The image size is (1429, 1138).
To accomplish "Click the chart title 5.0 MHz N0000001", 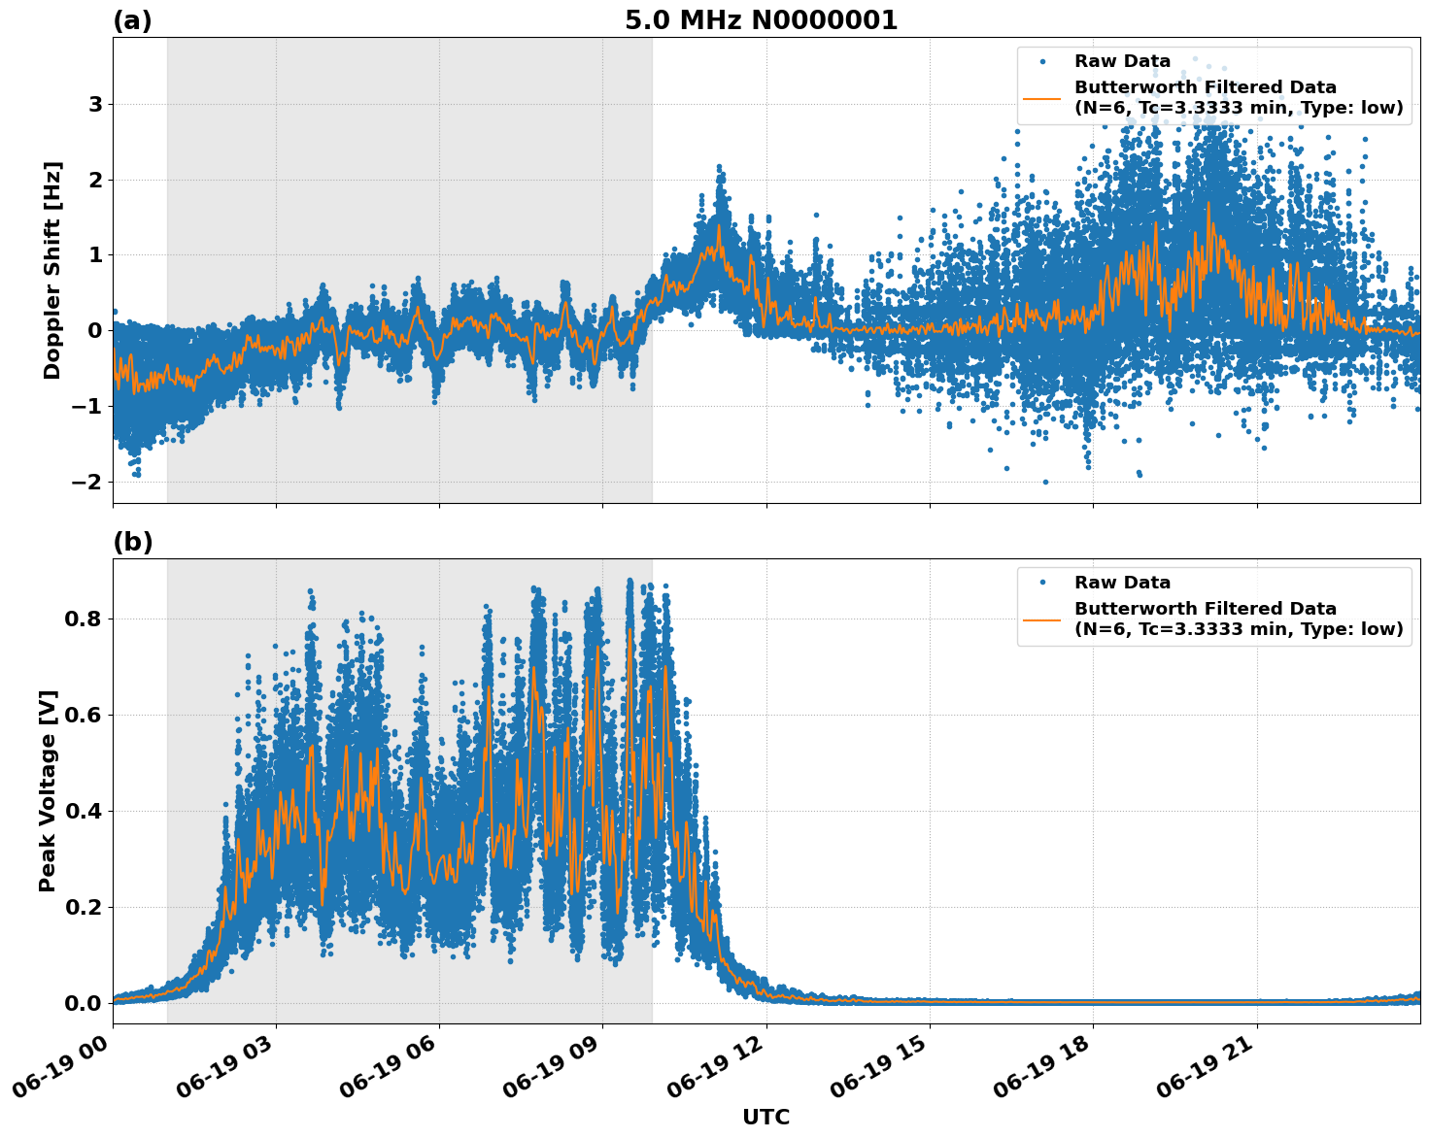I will (761, 20).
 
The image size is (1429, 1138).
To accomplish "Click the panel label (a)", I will (132, 20).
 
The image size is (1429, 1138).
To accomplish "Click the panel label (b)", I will (132, 542).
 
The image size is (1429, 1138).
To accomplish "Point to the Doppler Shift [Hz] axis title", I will (52, 270).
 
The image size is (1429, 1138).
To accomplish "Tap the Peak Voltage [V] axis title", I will (48, 790).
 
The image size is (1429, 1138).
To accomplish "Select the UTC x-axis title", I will (766, 1117).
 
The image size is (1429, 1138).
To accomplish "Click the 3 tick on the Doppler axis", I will (95, 104).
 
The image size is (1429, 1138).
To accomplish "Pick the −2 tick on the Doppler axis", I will (88, 482).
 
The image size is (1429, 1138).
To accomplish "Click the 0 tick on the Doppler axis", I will (95, 331).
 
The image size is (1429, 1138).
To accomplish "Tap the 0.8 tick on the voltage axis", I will (84, 619).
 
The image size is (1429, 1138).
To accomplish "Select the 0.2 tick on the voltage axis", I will (84, 907).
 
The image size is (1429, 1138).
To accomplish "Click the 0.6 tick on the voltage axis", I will (84, 715).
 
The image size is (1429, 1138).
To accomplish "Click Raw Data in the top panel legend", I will (1122, 61).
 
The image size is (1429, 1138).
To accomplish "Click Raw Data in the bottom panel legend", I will (1122, 583).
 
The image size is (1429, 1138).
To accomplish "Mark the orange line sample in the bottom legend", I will (1042, 619).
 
